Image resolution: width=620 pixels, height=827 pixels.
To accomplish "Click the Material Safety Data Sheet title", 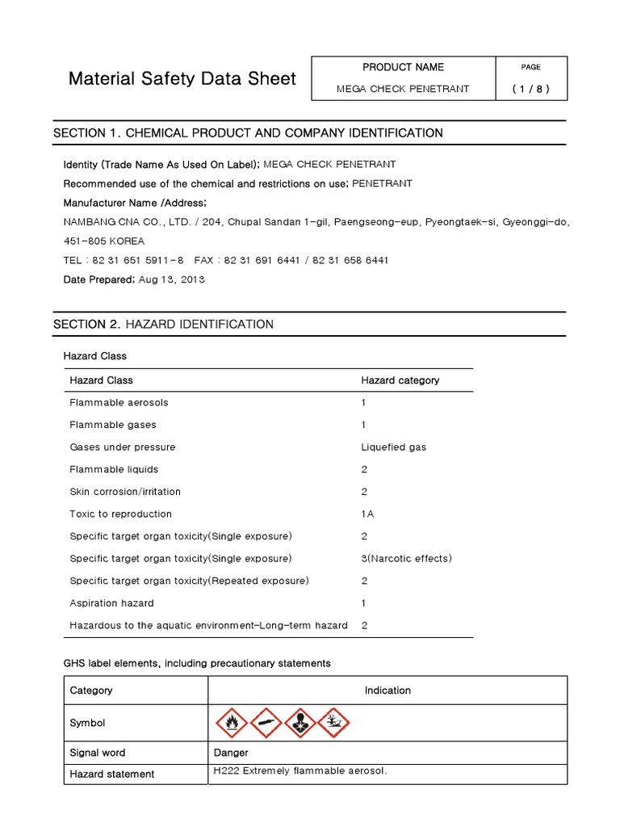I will point(182,79).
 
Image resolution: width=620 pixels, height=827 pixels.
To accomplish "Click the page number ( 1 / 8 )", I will point(530,89).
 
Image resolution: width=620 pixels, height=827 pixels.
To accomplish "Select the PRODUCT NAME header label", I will point(403,67).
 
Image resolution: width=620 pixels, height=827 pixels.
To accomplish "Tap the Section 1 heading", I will point(247,132).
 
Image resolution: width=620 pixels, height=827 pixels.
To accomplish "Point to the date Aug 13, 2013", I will point(172,279).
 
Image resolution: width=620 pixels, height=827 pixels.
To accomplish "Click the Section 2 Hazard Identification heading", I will point(163,324).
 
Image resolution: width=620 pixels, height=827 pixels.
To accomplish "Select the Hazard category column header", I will point(400,380).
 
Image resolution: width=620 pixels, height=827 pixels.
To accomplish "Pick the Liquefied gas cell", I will point(393,447).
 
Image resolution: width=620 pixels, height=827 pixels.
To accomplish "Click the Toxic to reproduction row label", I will point(120,514).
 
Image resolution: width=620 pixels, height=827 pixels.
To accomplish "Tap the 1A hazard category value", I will point(367,514).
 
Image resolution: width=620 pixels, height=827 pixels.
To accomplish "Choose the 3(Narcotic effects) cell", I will point(406,558).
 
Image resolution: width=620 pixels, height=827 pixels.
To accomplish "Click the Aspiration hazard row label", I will point(111,602).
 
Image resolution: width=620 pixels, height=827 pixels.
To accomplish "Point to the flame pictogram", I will point(231,722).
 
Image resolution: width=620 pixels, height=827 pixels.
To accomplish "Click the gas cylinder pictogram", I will point(266,722).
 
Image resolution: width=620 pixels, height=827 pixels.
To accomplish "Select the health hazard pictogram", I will point(300,722).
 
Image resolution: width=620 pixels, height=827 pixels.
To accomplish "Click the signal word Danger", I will point(231,753).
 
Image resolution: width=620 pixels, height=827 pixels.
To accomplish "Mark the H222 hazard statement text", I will point(300,771).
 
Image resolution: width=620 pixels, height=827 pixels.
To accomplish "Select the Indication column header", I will point(387,691).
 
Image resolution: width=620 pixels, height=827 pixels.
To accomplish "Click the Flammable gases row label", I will point(113,425).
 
